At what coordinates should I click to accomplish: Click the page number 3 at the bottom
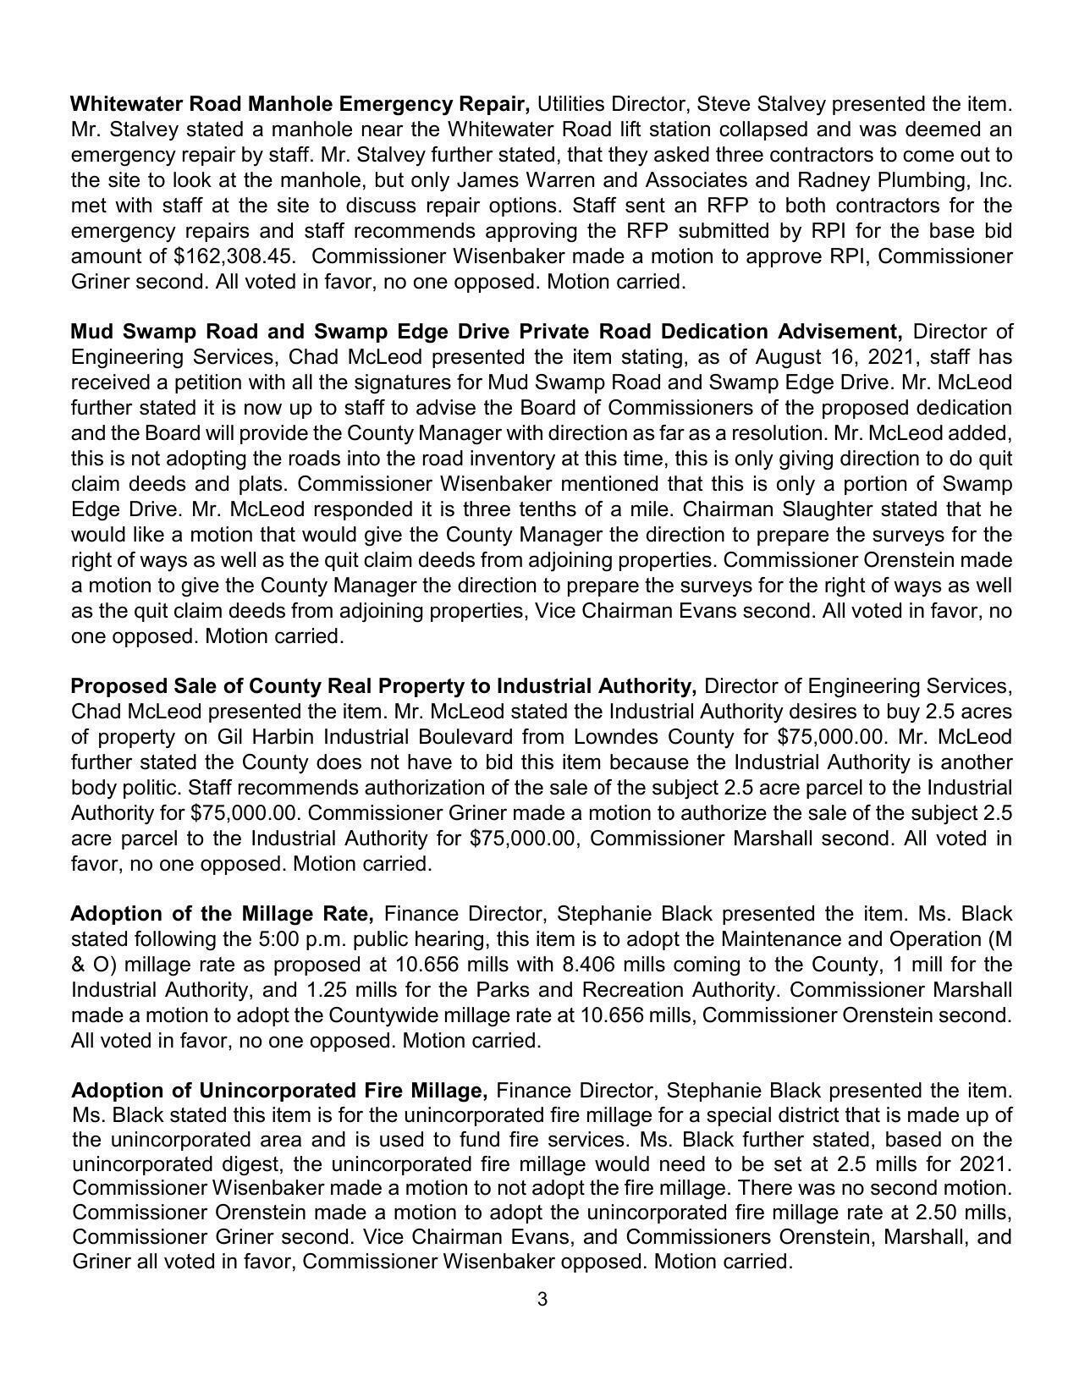542,1299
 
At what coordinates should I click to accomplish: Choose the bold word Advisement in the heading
840,331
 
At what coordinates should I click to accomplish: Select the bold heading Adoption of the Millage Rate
223,914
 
